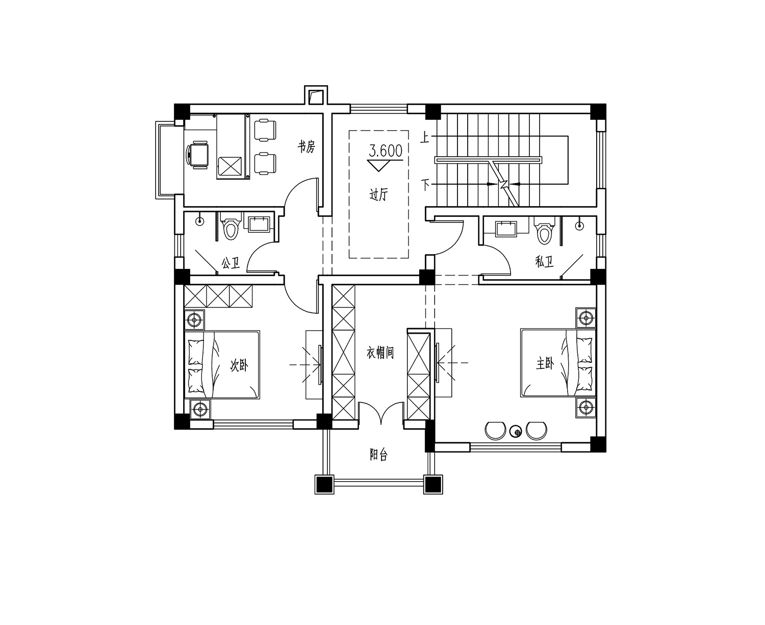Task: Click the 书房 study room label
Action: (306, 146)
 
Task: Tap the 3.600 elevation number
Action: (386, 151)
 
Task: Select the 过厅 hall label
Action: (378, 195)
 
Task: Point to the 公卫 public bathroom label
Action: (231, 263)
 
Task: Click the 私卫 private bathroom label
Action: (544, 262)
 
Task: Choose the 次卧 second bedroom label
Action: (239, 365)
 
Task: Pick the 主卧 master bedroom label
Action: (545, 363)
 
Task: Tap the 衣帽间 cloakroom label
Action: (380, 353)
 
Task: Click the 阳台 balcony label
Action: (379, 455)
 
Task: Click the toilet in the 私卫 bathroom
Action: (544, 230)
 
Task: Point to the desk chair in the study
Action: (197, 155)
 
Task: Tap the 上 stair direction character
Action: (425, 138)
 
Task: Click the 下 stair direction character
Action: (425, 184)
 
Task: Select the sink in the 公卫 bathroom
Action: (259, 224)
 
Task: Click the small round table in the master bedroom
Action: (516, 432)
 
